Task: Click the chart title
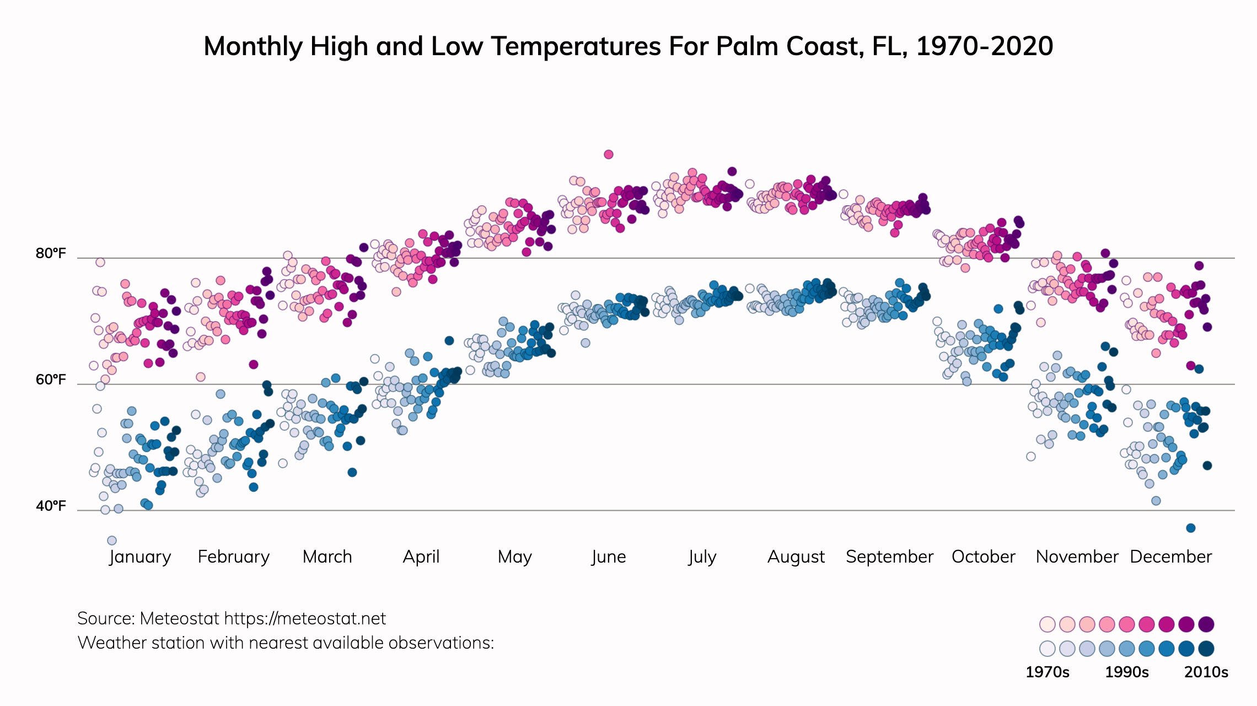click(628, 46)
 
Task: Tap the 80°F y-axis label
click(51, 254)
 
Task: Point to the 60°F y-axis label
click(51, 380)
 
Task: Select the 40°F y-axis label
click(51, 506)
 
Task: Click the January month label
click(140, 557)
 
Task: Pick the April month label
click(421, 557)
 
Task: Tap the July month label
click(702, 557)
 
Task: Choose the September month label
click(889, 557)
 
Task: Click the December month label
click(1171, 557)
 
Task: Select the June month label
click(609, 557)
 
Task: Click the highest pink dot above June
click(609, 154)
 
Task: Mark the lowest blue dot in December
click(1191, 528)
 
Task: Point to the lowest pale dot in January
click(112, 541)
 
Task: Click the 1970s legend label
click(1047, 672)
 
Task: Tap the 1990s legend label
click(1127, 672)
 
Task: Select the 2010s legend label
click(1206, 672)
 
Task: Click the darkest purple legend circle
click(1206, 624)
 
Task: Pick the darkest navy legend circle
click(1206, 649)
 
